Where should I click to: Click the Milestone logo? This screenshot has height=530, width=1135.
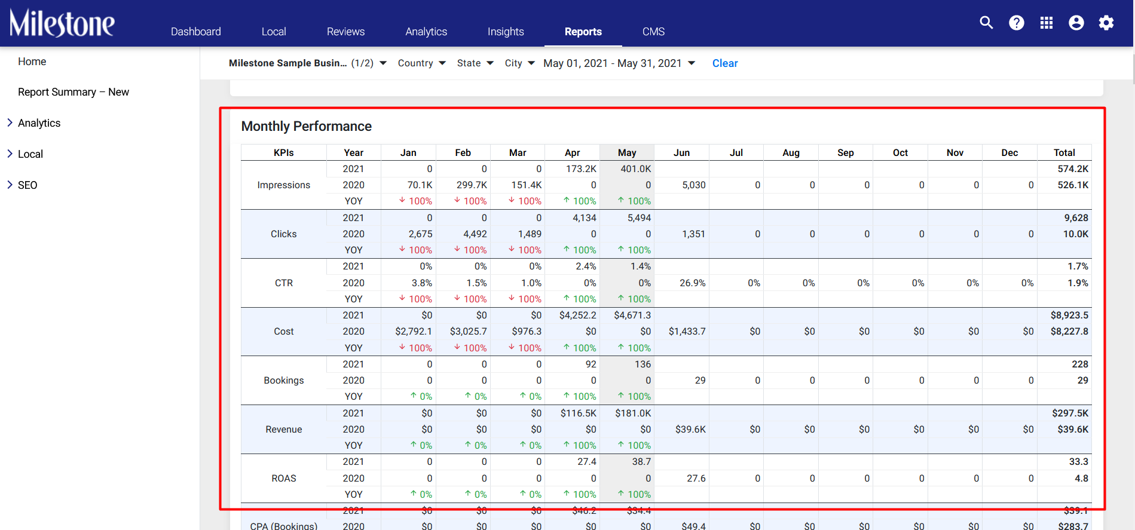[x=62, y=23]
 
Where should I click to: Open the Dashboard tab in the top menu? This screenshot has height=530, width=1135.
[x=195, y=32]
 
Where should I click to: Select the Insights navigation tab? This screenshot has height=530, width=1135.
[x=506, y=32]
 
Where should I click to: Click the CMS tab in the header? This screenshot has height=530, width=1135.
[x=653, y=32]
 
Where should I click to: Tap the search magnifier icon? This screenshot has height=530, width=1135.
[x=986, y=23]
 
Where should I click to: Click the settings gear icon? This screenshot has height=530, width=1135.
[x=1106, y=23]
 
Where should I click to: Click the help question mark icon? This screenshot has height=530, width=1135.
[x=1017, y=23]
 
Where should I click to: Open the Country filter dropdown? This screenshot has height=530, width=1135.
[x=422, y=63]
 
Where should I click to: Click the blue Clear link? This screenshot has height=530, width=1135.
[x=725, y=63]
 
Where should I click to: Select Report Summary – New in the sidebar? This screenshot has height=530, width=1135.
[x=74, y=92]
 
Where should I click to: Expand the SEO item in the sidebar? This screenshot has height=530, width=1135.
[x=27, y=185]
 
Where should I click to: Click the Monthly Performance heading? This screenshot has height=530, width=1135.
[x=307, y=126]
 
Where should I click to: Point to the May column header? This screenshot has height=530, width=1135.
[x=627, y=153]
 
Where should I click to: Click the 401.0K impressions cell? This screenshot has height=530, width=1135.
[x=636, y=169]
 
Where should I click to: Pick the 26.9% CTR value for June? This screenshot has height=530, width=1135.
[x=693, y=283]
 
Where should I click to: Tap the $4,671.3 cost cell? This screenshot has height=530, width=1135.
[x=632, y=315]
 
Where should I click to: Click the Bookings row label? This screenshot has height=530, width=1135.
[x=284, y=381]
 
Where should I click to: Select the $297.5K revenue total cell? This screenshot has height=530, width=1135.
[x=1070, y=413]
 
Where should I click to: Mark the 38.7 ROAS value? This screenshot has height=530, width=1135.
[x=641, y=462]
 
